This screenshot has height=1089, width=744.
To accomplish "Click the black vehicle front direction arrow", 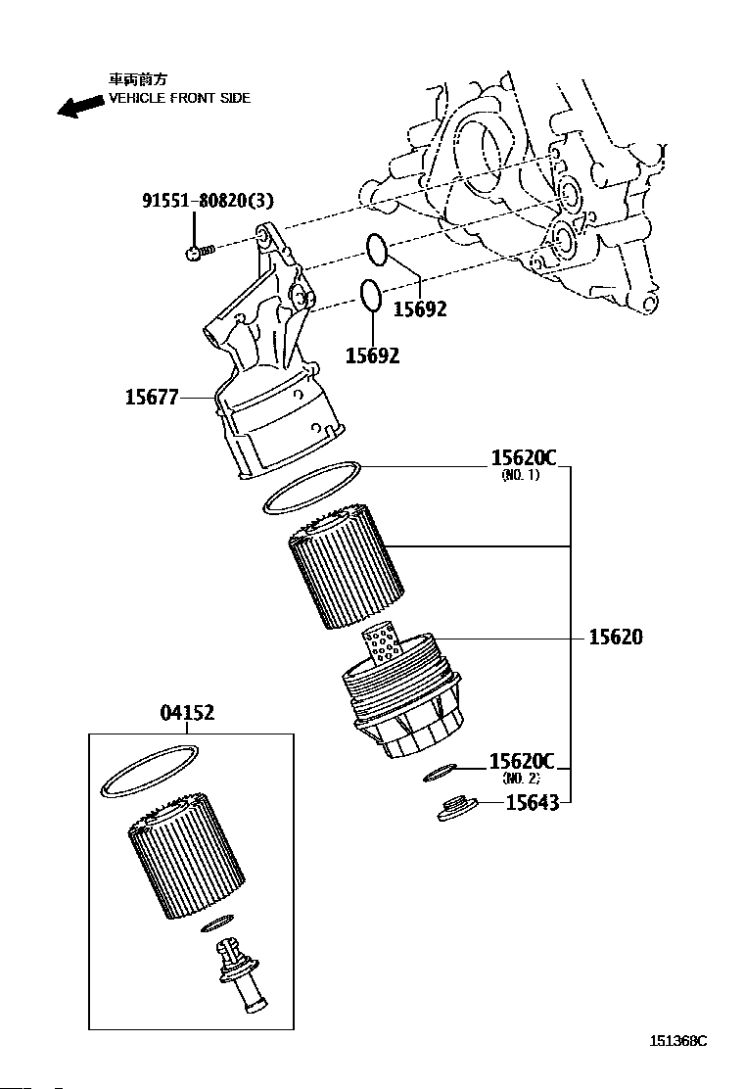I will pos(80,105).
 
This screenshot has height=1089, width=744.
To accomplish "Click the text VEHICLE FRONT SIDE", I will pos(179,98).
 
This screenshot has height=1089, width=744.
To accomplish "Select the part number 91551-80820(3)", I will pos(208,201).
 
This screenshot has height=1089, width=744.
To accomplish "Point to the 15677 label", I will pos(152,398).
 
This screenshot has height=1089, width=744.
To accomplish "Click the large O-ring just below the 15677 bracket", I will pos(313,486).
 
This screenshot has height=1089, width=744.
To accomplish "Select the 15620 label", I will pos(616,637).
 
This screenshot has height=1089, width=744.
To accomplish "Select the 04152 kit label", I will pos(187,714).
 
